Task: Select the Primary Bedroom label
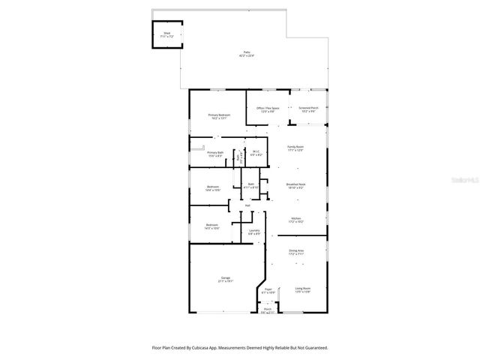(219, 115)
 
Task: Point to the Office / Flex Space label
(268, 109)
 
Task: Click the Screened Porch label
(309, 109)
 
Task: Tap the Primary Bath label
(215, 153)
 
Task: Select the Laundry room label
(254, 232)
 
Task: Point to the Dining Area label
(296, 253)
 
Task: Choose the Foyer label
(268, 289)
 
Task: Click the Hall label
(247, 205)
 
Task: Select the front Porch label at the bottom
(267, 310)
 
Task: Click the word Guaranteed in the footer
(316, 348)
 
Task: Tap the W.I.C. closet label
(255, 153)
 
